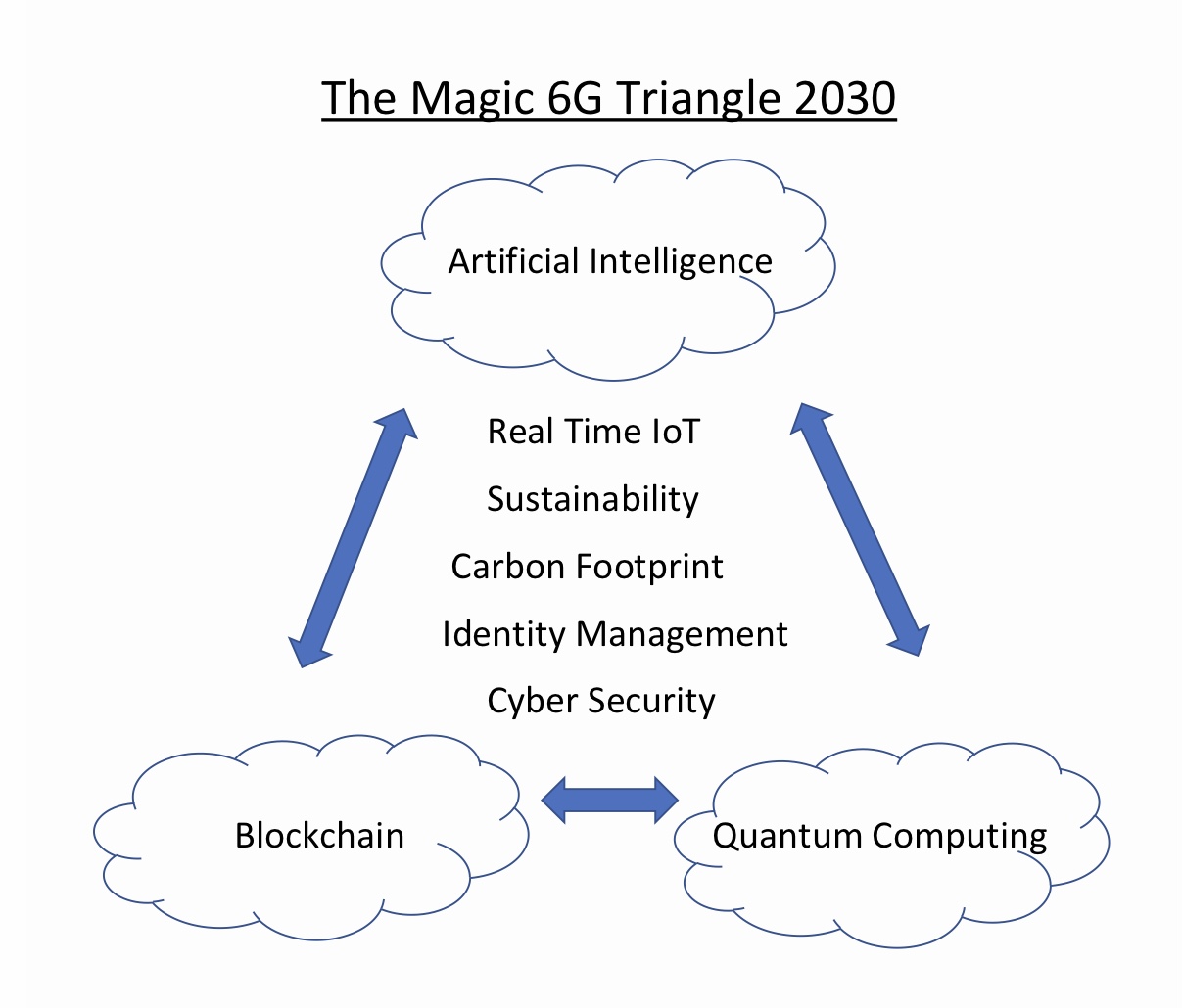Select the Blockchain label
(x=319, y=836)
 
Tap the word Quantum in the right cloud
(x=786, y=836)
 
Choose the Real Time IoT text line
(x=593, y=431)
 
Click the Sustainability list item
(x=592, y=500)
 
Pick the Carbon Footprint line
(x=587, y=568)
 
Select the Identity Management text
(x=615, y=635)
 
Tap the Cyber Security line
(x=601, y=702)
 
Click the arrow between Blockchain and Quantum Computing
(x=609, y=800)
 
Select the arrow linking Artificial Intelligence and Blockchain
(x=353, y=537)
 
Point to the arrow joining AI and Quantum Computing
(x=860, y=529)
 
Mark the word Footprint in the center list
(x=649, y=568)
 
